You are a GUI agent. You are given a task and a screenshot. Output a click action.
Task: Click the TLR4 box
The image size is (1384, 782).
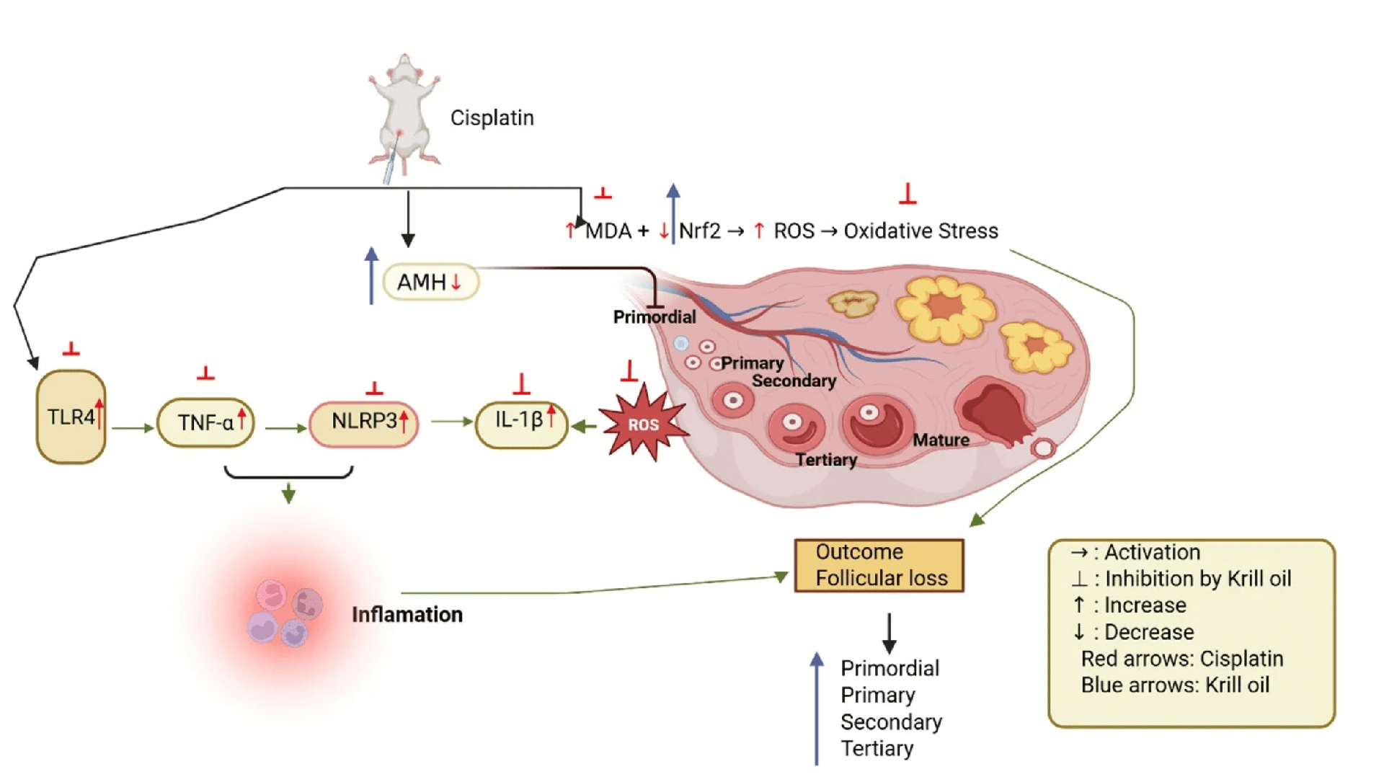coord(71,417)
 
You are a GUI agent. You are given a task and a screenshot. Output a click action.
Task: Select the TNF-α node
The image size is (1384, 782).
coord(205,422)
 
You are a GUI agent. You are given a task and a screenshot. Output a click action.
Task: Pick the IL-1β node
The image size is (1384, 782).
coord(521,422)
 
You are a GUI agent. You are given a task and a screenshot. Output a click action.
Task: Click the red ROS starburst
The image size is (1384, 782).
coord(643,425)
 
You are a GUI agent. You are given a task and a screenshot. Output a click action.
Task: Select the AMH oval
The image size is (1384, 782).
coord(430,282)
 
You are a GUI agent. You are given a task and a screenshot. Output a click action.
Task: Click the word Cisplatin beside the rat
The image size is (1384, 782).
coord(492,117)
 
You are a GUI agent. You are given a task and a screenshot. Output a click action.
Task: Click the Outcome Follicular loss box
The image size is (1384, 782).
coord(879,565)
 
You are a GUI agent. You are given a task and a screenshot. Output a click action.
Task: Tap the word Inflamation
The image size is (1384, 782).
coord(407,614)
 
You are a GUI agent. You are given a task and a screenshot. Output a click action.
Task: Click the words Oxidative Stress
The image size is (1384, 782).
coord(921,231)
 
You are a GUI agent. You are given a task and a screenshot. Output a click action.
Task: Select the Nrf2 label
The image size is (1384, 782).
coord(699,231)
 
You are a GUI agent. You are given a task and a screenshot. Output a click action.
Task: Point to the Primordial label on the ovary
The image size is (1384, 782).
coord(654,316)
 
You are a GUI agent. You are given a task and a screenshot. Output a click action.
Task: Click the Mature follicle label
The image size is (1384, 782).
coord(941,440)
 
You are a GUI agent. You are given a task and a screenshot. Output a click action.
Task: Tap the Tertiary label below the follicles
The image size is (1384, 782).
coord(826,460)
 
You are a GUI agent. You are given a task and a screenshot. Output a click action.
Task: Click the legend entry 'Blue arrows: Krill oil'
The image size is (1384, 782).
coord(1175,685)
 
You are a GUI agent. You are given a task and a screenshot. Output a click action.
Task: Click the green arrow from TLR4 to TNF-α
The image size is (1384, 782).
coord(133,428)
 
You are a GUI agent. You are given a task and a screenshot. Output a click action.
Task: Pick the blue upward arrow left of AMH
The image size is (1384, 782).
coord(371,276)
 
